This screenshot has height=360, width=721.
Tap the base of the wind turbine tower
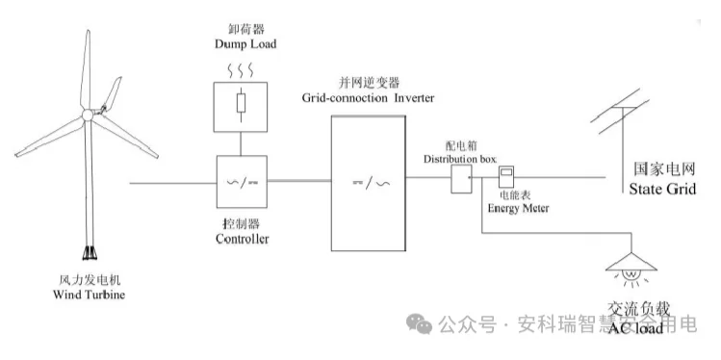[90, 253]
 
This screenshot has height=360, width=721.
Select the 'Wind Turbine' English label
[90, 293]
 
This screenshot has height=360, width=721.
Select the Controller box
[242, 181]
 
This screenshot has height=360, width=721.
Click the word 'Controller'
[242, 239]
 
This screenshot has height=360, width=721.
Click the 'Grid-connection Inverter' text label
[369, 99]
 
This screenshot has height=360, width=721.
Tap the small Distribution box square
[460, 179]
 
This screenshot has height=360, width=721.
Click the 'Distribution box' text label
[458, 156]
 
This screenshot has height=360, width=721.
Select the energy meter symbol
[505, 176]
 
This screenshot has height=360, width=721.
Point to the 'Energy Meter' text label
[517, 208]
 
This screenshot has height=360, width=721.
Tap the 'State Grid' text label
[661, 190]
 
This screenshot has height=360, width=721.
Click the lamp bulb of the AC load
[632, 274]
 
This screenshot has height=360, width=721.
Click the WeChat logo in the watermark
[419, 323]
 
